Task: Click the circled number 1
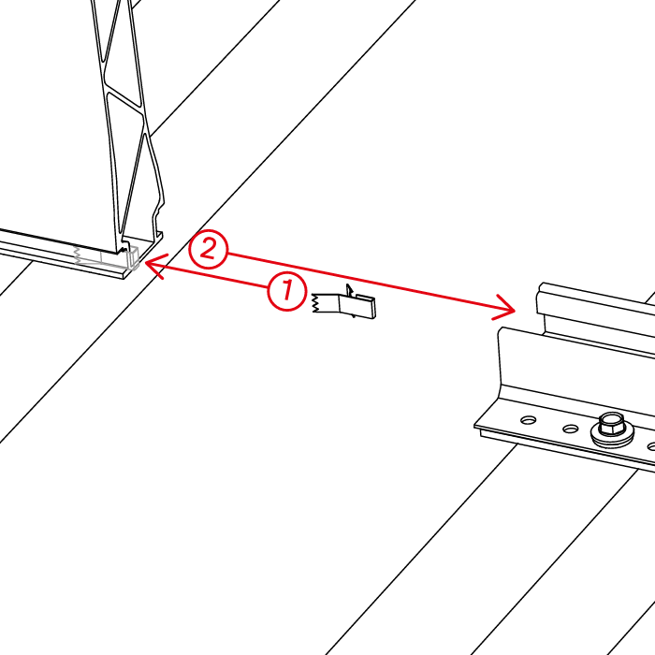(x=287, y=291)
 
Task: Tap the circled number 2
(x=209, y=249)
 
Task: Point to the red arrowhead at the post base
(x=155, y=265)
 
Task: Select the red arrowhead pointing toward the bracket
(x=504, y=308)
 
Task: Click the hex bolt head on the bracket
(x=612, y=423)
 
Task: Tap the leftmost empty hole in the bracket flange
(x=529, y=419)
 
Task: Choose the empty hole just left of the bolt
(x=570, y=429)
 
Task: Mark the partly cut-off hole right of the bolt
(x=651, y=446)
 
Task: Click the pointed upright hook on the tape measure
(x=349, y=290)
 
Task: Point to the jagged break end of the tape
(x=314, y=303)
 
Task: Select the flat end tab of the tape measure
(x=366, y=307)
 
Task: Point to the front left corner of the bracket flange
(x=476, y=426)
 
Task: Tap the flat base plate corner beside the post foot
(x=124, y=276)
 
